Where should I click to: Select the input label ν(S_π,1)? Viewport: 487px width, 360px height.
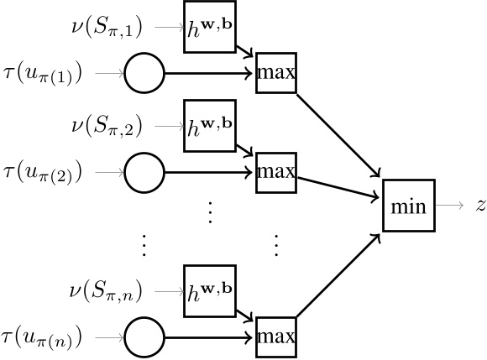click(x=107, y=29)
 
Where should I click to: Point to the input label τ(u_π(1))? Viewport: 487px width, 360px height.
click(x=44, y=75)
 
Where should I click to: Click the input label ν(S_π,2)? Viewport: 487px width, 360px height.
click(x=107, y=127)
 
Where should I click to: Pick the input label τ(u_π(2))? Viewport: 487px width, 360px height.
click(x=44, y=173)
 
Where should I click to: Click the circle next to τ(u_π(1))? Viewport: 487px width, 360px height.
click(x=144, y=75)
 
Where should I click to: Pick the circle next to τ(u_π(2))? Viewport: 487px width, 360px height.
click(x=144, y=173)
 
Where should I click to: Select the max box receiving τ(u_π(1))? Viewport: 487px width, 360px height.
click(x=276, y=75)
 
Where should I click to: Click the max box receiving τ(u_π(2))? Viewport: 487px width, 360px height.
click(x=276, y=173)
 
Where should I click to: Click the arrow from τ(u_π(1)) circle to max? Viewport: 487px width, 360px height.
click(x=210, y=75)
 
